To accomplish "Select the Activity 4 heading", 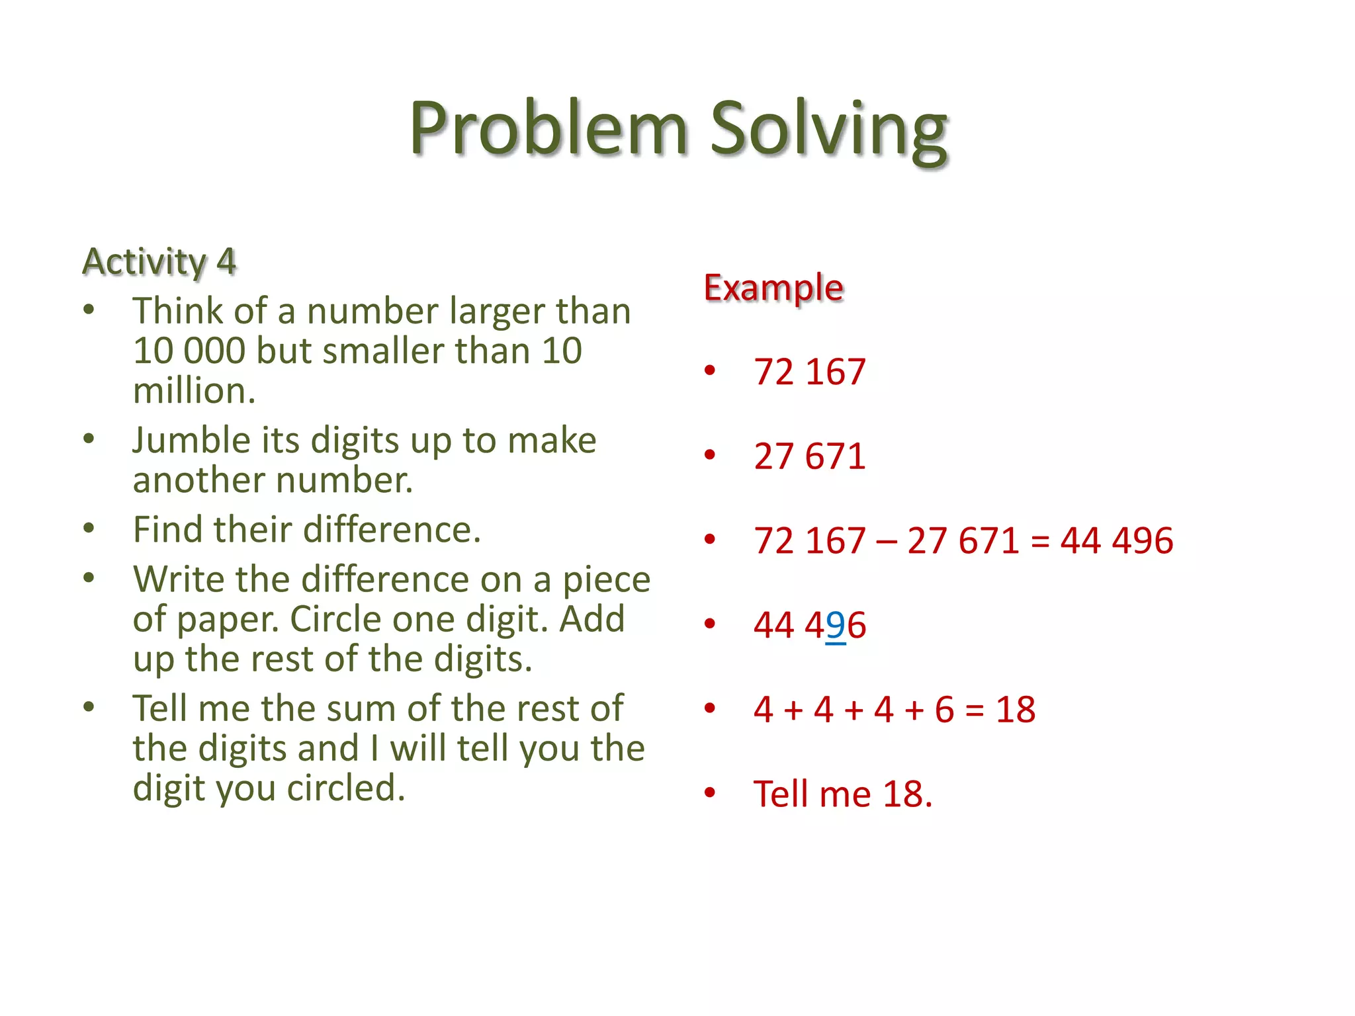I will pos(159,261).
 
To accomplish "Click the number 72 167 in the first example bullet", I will pos(809,371).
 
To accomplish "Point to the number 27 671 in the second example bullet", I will pos(809,456).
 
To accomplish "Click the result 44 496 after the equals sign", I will pos(1117,540).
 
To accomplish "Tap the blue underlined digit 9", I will pos(836,625).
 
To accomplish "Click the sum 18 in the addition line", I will pos(1016,710).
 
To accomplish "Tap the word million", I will pos(194,390).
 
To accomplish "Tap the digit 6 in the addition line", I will pos(944,710).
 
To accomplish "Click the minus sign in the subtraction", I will pos(886,542).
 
